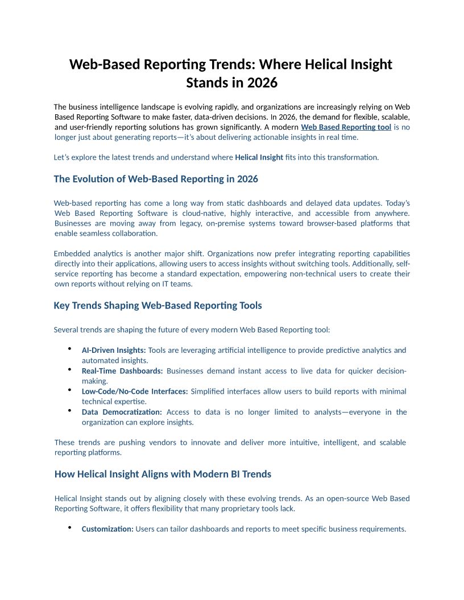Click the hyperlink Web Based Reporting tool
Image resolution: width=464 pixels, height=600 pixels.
coord(346,127)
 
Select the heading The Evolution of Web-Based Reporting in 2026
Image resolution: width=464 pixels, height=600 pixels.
coord(156,179)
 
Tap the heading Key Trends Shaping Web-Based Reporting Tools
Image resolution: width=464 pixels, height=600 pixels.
coord(158,306)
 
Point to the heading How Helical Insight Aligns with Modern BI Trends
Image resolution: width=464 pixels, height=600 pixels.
coord(163,474)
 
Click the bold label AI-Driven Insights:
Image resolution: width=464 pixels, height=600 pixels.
coord(114,350)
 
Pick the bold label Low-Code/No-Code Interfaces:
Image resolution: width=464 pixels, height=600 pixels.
coord(135,391)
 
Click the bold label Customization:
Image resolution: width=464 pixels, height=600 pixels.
coord(107,529)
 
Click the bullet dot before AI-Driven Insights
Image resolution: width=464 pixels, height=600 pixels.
coord(69,348)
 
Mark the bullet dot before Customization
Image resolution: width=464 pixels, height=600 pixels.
coord(69,527)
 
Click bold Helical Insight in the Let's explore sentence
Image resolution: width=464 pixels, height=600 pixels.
coord(259,157)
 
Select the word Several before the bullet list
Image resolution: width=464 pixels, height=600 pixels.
coord(66,330)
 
